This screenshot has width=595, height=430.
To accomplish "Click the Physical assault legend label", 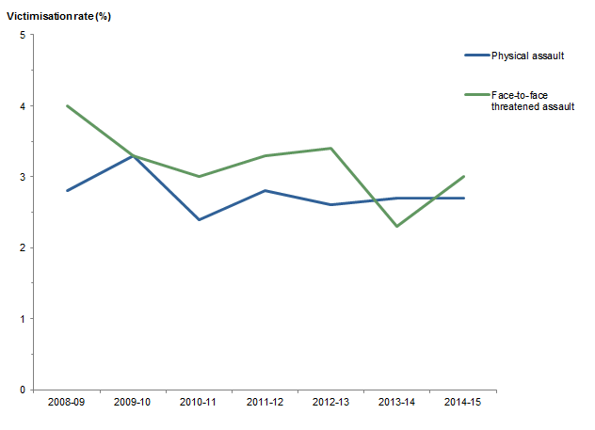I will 527,56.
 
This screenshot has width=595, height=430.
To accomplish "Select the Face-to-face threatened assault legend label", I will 531,101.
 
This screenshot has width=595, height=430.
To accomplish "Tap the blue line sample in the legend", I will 476,56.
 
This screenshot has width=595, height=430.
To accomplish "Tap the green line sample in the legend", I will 476,95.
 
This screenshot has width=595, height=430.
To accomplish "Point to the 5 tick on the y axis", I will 23,35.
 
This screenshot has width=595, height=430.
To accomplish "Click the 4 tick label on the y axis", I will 23,106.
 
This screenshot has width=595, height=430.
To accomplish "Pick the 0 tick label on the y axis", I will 23,390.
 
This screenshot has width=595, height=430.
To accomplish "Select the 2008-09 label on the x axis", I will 67,403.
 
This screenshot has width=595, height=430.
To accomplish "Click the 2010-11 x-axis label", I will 199,403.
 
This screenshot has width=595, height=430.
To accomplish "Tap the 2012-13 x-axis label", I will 330,403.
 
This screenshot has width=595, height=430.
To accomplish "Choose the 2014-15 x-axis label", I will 462,403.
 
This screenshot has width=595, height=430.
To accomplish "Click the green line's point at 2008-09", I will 67,105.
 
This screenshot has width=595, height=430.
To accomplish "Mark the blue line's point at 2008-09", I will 67,191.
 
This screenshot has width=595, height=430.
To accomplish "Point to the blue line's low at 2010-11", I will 199,219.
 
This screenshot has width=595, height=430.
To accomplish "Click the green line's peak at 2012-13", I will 330,148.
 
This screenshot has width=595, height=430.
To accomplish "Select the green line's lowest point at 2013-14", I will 396,226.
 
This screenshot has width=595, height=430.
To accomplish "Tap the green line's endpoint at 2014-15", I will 462,176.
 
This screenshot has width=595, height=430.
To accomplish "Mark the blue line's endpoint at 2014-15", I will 462,198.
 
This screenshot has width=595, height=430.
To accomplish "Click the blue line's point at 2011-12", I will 265,191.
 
